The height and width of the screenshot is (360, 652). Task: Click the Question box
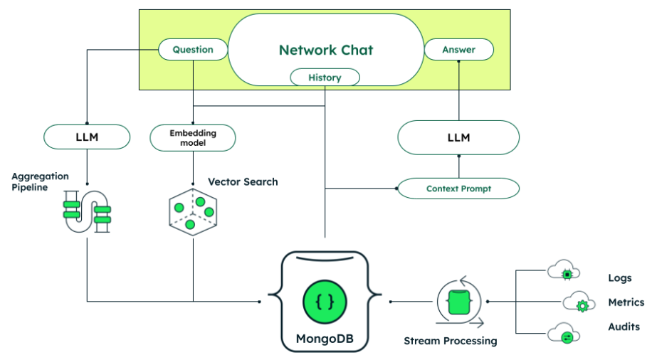tap(193, 50)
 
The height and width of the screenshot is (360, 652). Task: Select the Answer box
tap(459, 50)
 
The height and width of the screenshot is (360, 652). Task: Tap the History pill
tap(325, 78)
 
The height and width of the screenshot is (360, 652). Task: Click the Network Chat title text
tap(325, 50)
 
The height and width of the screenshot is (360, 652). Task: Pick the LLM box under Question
tap(87, 137)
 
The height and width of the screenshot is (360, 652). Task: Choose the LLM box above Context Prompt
tap(458, 137)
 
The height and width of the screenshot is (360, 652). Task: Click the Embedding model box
tap(193, 137)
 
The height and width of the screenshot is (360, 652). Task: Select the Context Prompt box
tap(458, 189)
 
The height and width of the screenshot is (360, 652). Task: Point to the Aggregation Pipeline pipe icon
tap(87, 211)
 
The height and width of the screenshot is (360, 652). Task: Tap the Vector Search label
tap(243, 182)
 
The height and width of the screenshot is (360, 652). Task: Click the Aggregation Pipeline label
tap(40, 181)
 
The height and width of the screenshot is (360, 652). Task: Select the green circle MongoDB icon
tap(325, 302)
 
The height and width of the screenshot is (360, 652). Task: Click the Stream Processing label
tap(450, 341)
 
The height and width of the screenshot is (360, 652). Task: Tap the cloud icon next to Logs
tap(564, 272)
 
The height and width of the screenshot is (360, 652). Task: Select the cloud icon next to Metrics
tap(579, 304)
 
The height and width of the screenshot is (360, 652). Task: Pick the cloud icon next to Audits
tap(564, 334)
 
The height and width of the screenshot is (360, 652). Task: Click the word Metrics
tap(626, 302)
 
